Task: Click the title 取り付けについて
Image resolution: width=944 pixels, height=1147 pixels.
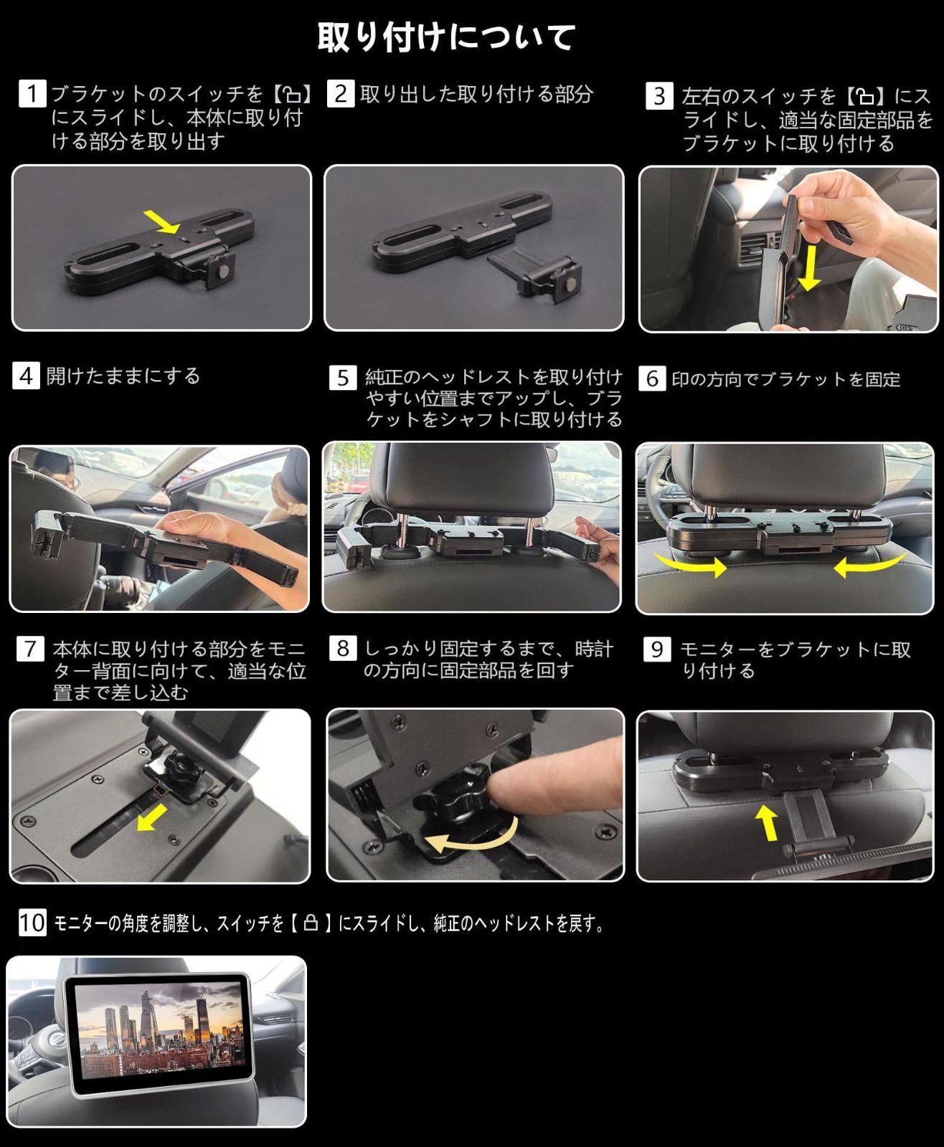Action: (x=446, y=37)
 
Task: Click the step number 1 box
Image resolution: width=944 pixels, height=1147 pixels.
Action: (x=32, y=93)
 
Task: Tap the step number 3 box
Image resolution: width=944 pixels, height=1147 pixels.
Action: (x=659, y=95)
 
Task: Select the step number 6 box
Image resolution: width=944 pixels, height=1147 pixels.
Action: (x=651, y=379)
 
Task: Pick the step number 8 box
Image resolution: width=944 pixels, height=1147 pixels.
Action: (x=343, y=649)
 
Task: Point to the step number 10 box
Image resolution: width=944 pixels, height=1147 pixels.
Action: (x=32, y=922)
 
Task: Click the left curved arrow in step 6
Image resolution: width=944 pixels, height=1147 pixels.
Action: (x=689, y=566)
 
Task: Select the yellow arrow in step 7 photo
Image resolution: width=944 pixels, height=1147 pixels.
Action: (x=151, y=817)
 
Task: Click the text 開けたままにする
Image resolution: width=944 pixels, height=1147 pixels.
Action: (x=123, y=376)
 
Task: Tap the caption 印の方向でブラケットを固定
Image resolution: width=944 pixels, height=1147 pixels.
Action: (x=785, y=379)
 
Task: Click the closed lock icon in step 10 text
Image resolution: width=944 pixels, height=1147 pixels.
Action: (x=311, y=923)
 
